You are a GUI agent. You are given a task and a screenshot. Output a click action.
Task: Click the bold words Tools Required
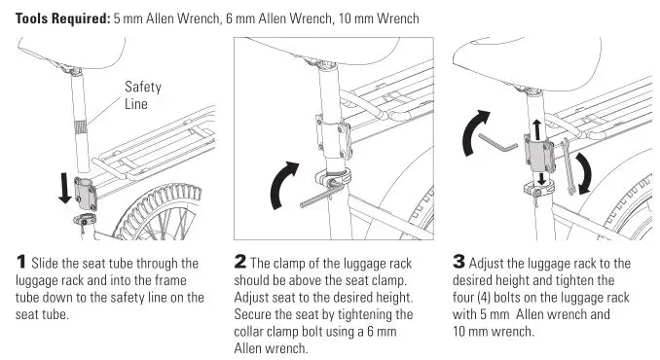(x=57, y=18)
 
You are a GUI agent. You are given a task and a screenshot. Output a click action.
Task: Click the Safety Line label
(x=142, y=94)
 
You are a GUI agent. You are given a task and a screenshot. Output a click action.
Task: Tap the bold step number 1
(x=20, y=263)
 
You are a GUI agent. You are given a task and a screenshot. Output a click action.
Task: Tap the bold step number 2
(x=240, y=263)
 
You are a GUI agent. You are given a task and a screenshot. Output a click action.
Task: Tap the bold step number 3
(x=460, y=263)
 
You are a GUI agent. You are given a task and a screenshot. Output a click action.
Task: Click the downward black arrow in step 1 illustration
(x=64, y=188)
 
